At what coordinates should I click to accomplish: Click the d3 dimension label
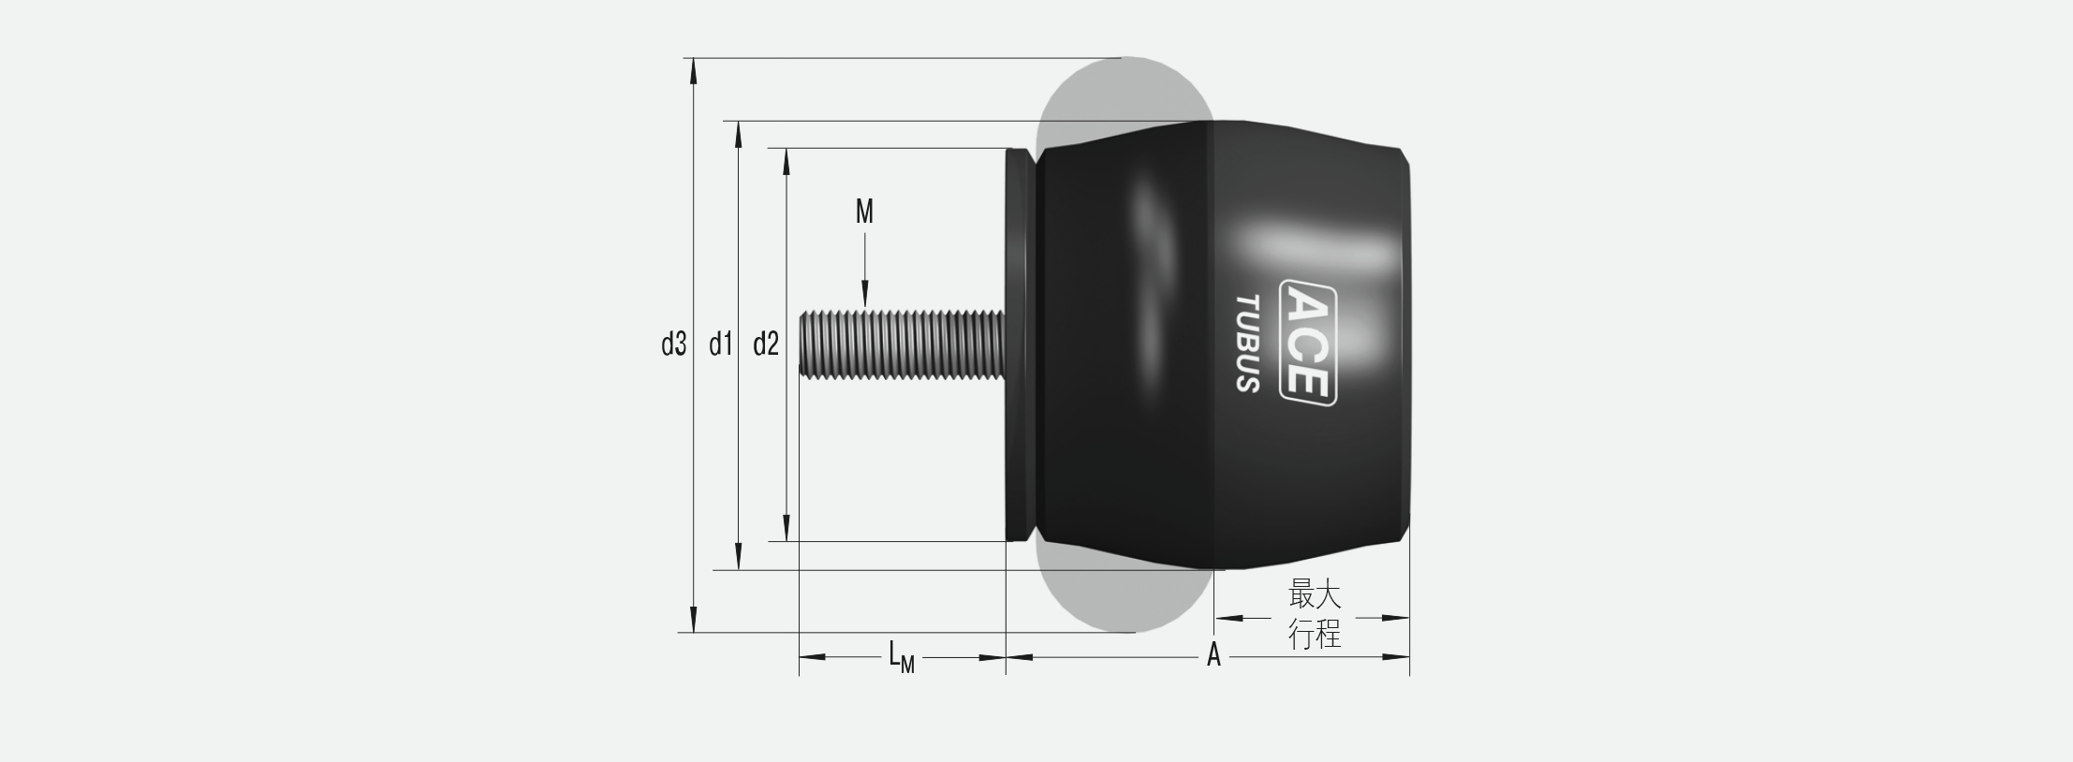[673, 344]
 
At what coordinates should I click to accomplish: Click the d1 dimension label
[719, 344]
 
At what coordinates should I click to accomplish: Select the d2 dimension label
[765, 344]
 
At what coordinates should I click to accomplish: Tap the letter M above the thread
[864, 212]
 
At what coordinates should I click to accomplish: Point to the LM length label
[901, 657]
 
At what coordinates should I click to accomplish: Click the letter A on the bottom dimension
[1213, 655]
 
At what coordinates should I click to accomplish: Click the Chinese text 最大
[1315, 593]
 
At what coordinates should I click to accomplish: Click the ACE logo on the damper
[1307, 343]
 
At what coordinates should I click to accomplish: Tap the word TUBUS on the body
[1247, 343]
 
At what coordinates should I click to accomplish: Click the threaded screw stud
[901, 344]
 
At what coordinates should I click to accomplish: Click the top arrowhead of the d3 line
[693, 71]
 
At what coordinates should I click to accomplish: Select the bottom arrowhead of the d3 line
[693, 620]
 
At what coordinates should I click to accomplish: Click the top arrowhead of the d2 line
[786, 161]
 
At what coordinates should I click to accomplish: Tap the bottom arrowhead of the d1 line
[739, 556]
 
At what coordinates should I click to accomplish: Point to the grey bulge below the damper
[1124, 599]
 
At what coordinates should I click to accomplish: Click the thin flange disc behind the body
[1019, 344]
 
